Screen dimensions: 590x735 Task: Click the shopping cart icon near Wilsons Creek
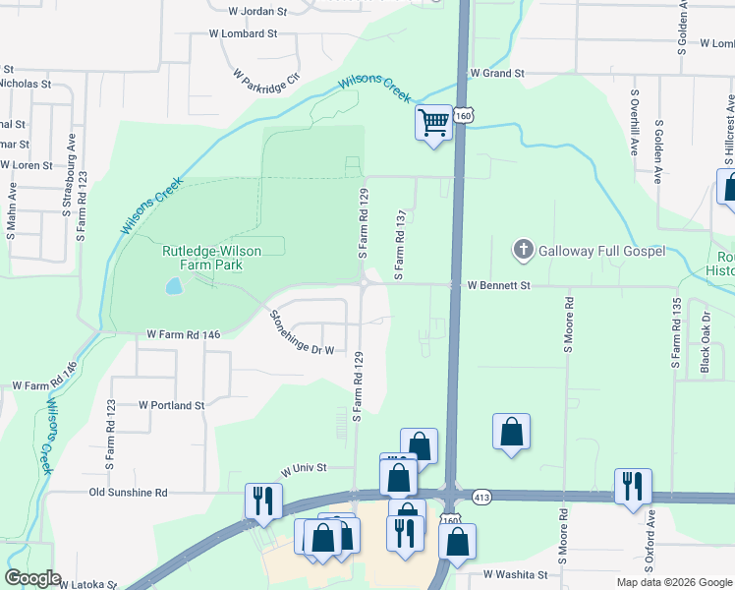coord(433,123)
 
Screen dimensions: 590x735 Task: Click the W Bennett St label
coord(498,286)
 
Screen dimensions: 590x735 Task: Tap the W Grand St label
coord(497,74)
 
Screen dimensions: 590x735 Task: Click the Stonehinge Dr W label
coord(303,332)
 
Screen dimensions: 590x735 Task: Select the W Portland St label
coord(171,404)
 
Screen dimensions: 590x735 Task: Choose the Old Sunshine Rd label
coord(128,492)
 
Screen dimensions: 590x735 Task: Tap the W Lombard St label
coord(244,33)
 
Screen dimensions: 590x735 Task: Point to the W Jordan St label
coord(256,12)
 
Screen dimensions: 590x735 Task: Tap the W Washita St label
coord(515,573)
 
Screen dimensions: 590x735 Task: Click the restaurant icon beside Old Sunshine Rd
coord(264,500)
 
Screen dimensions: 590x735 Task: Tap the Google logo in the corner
coord(32,578)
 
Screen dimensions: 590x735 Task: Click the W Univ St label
coord(303,469)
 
